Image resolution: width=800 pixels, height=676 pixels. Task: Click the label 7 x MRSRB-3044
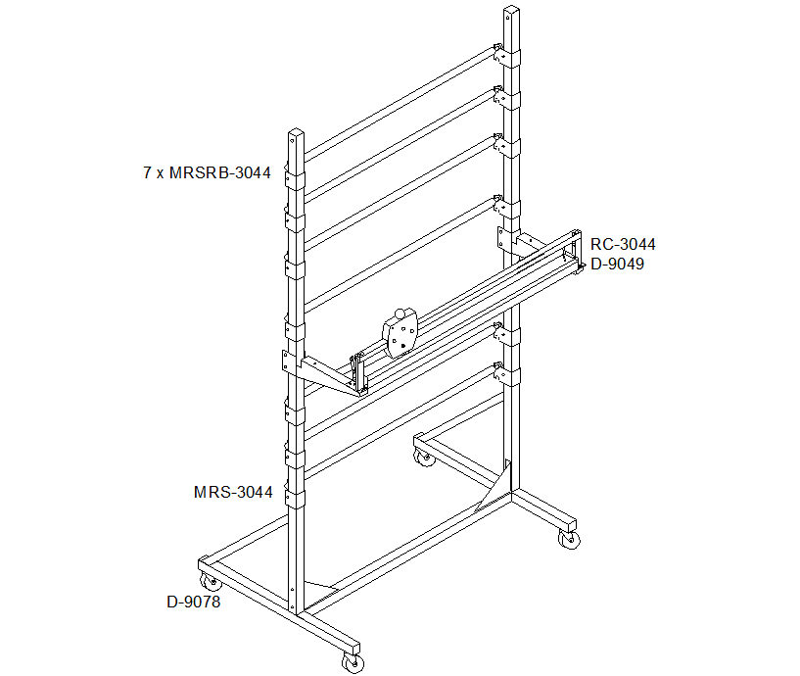[207, 173]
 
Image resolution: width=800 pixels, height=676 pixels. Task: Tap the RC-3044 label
[623, 245]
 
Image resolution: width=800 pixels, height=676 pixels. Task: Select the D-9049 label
[617, 264]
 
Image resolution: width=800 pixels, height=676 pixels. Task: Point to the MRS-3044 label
[233, 492]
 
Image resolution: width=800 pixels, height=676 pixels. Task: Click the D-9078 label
[193, 602]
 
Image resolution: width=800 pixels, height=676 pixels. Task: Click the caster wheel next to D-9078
[211, 582]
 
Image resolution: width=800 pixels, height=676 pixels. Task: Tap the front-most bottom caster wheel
[353, 662]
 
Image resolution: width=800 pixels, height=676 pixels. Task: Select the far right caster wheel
[569, 539]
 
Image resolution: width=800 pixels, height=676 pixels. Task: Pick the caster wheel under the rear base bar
[425, 457]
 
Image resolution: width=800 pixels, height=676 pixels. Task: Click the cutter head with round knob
[400, 334]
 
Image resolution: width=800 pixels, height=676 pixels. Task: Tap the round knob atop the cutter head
[400, 314]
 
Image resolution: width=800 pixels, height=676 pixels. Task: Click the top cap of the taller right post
[511, 10]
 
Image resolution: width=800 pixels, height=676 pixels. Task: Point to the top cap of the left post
[296, 133]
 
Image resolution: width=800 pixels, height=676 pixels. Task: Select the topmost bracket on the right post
[506, 56]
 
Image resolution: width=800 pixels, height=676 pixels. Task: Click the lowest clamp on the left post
[295, 499]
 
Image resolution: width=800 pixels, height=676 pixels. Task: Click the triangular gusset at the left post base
[320, 585]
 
